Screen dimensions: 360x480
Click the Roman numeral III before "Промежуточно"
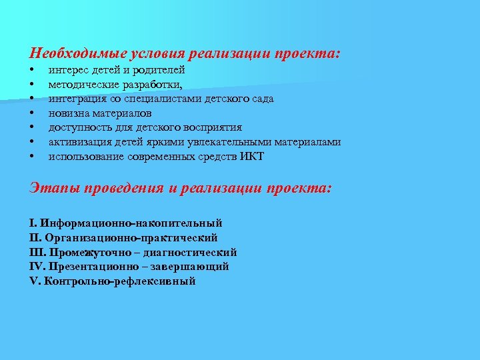[37, 253]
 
